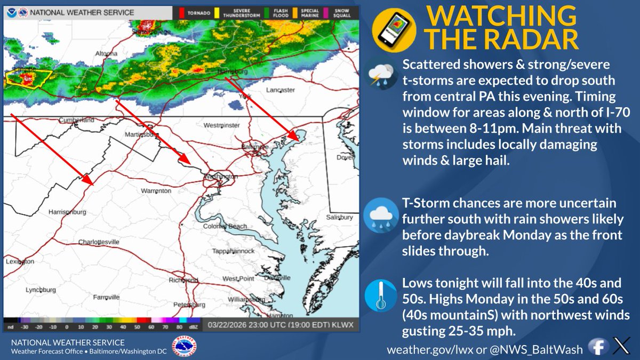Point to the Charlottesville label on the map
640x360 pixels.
(x=99, y=242)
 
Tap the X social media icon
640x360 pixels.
(x=621, y=347)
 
